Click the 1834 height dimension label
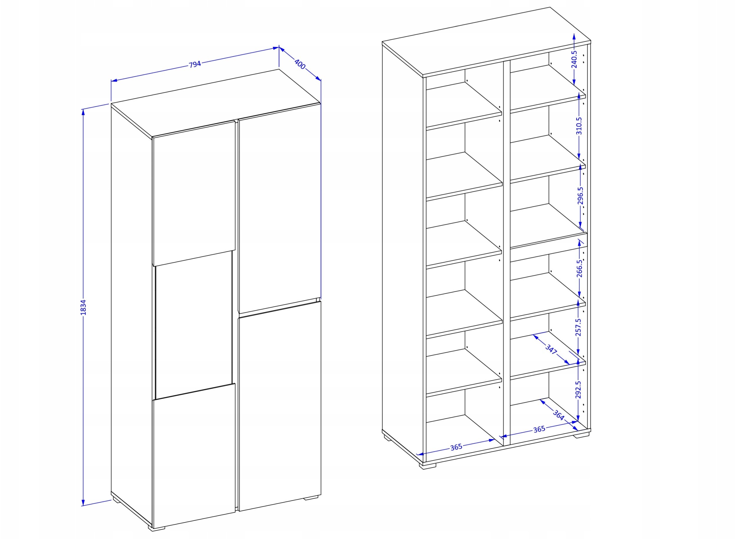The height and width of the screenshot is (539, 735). (83, 307)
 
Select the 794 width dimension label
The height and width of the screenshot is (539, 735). (195, 64)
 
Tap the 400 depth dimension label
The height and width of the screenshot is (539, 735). (299, 64)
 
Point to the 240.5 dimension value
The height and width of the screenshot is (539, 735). (575, 59)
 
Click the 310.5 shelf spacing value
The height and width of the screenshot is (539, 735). (579, 126)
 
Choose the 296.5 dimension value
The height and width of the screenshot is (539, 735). (580, 195)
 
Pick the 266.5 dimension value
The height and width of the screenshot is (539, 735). (579, 268)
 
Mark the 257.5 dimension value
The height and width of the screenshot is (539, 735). (578, 327)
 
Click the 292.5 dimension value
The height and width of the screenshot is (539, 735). (578, 390)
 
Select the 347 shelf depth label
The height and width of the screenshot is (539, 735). (551, 350)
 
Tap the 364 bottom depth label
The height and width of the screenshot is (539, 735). (558, 415)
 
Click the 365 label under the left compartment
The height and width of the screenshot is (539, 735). (456, 447)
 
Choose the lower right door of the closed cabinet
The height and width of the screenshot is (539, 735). (280, 406)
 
